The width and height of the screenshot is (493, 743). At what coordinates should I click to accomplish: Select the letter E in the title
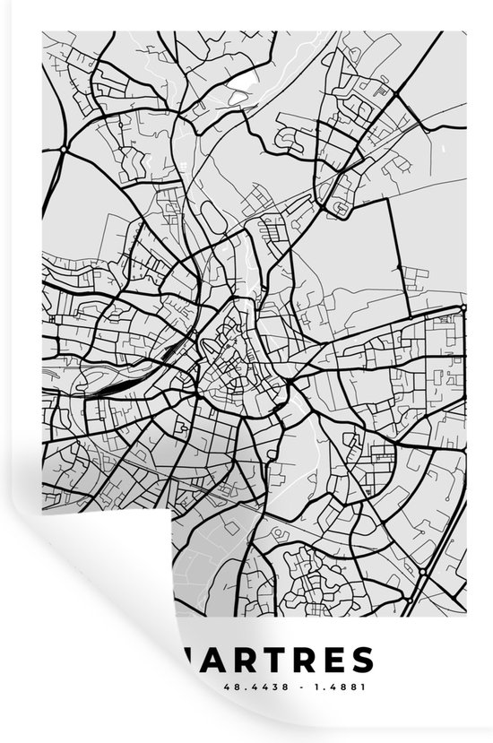click(331, 661)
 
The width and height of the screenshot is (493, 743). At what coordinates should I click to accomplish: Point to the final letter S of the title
click(360, 661)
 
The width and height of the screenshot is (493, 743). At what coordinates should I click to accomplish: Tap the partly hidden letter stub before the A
click(186, 661)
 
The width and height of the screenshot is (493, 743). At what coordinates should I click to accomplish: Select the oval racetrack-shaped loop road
click(212, 212)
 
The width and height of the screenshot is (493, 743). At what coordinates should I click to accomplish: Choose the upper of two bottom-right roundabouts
click(423, 572)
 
